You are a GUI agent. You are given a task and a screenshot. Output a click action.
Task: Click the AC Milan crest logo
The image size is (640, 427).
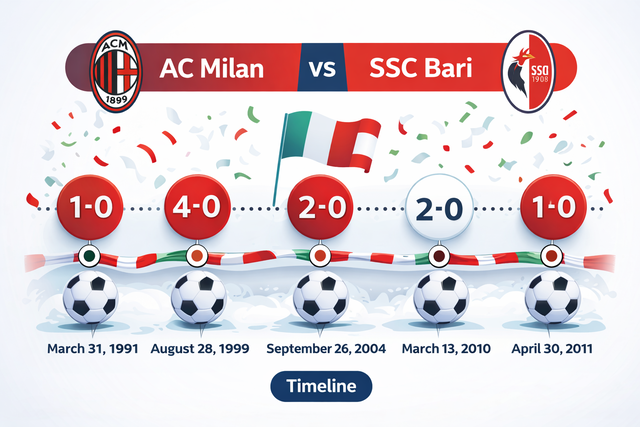point(117,68)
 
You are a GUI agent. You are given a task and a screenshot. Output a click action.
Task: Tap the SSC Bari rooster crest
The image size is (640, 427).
point(530,68)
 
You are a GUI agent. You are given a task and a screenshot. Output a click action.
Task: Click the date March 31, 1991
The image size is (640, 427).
point(90,349)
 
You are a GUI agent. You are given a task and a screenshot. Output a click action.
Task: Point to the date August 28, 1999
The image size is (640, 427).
point(200,349)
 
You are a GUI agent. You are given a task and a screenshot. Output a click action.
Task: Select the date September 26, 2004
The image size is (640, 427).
point(322,349)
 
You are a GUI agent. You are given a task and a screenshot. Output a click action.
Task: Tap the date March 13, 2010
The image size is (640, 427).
point(441,349)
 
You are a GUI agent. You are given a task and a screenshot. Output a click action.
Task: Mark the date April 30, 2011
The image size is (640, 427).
point(553,349)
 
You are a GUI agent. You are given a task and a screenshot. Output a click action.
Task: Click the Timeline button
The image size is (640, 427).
point(320,386)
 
